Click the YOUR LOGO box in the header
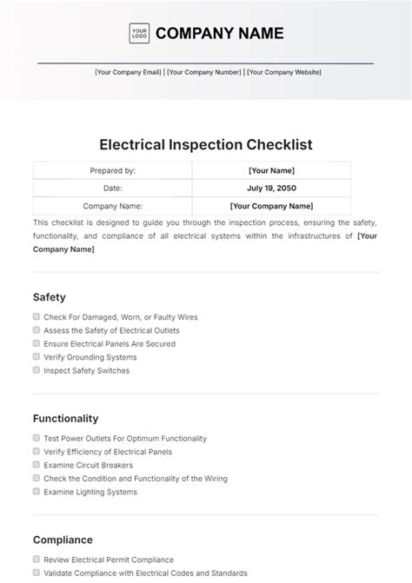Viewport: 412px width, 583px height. pyautogui.click(x=138, y=34)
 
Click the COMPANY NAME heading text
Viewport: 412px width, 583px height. pyautogui.click(x=218, y=34)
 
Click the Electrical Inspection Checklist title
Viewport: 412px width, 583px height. pyautogui.click(x=206, y=144)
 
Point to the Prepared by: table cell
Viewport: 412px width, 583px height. pyautogui.click(x=112, y=171)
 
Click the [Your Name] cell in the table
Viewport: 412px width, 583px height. pyautogui.click(x=271, y=171)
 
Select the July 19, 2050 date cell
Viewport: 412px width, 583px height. pyautogui.click(x=271, y=188)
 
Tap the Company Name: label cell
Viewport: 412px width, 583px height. pyautogui.click(x=112, y=206)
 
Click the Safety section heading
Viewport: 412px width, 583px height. pyautogui.click(x=50, y=297)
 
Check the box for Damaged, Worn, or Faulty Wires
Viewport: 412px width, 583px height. pyautogui.click(x=37, y=317)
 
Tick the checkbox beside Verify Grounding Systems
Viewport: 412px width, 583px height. pyautogui.click(x=37, y=356)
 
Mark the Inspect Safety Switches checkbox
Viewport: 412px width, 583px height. pyautogui.click(x=37, y=370)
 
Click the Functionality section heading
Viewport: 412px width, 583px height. pyautogui.click(x=65, y=418)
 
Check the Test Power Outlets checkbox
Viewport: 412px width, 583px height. pyautogui.click(x=37, y=439)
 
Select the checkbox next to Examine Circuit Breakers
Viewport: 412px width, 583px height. pyautogui.click(x=37, y=465)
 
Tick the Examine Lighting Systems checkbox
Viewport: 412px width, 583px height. pyautogui.click(x=37, y=491)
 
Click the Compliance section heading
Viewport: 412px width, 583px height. pyautogui.click(x=63, y=539)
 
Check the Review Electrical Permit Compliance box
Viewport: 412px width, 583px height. pyautogui.click(x=37, y=560)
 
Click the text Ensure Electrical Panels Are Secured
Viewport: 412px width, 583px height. pyautogui.click(x=110, y=344)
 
